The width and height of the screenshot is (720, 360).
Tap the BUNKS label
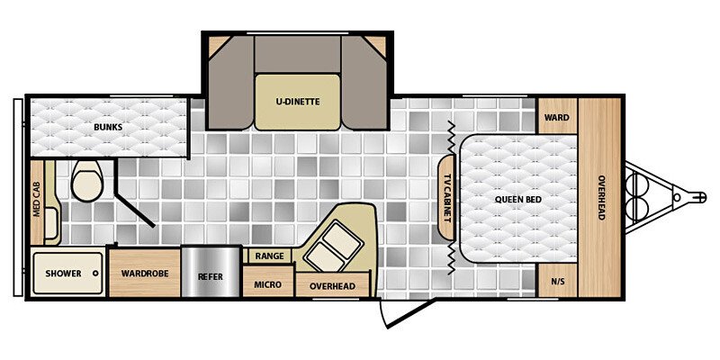tap(108, 127)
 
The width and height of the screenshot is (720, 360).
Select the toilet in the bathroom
tap(87, 181)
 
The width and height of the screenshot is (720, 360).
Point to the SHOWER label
tap(63, 274)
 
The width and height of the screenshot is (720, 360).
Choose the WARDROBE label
tap(144, 274)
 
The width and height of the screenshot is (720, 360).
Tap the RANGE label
tap(269, 256)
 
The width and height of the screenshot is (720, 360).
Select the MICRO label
tap(267, 285)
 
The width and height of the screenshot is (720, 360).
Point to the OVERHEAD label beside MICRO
tap(332, 286)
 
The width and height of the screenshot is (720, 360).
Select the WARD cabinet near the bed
tap(557, 116)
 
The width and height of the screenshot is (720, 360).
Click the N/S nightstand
tap(557, 281)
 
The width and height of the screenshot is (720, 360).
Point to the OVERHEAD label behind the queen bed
tap(600, 197)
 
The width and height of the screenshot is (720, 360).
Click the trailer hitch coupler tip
tap(697, 193)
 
